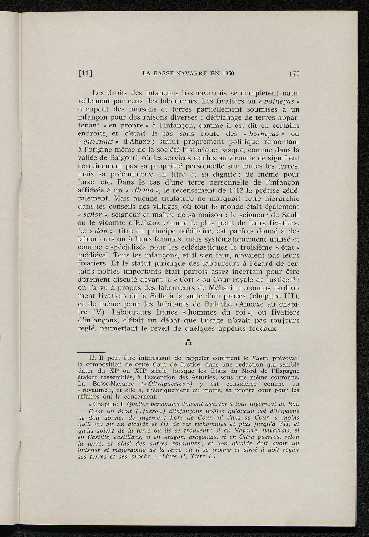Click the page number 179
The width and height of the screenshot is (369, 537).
tap(294, 74)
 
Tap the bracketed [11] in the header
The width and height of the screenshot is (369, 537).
tap(85, 74)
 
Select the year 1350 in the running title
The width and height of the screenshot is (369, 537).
tap(227, 74)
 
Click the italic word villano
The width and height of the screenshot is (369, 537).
tap(144, 191)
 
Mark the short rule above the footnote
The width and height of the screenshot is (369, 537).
tap(91, 352)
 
